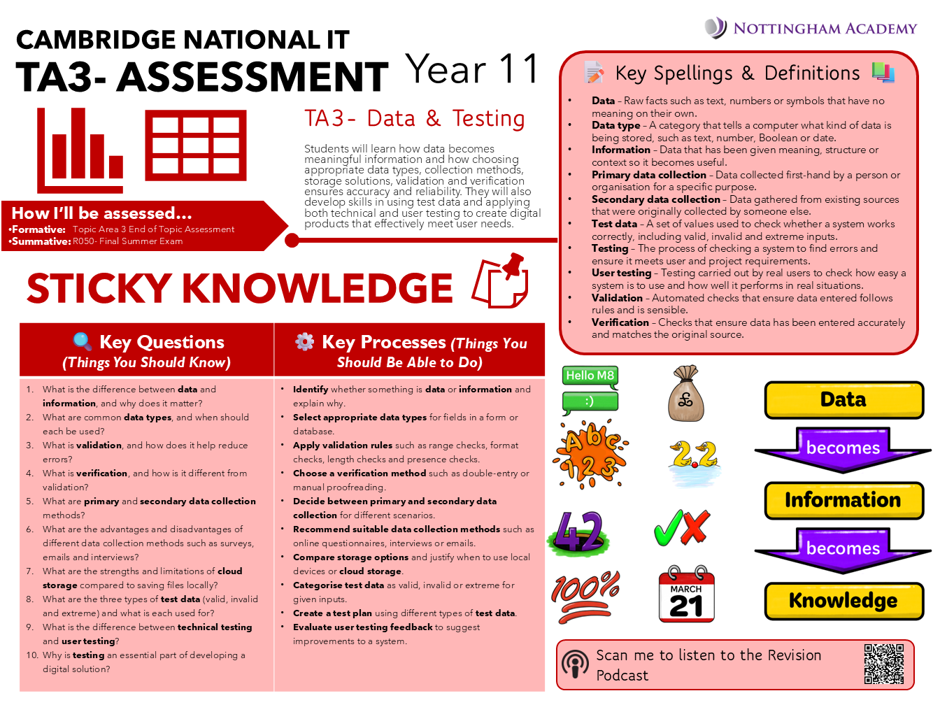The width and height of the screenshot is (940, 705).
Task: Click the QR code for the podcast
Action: coord(883,664)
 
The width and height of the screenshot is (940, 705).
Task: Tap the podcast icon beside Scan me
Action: coord(576,664)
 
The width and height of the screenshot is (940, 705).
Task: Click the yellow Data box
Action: coord(843,400)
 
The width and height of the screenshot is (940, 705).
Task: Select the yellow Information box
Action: coord(843,500)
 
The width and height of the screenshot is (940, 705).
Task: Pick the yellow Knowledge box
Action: coord(843,601)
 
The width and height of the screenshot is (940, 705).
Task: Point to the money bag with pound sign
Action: coord(685,394)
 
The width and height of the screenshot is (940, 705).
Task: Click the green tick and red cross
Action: coord(682,527)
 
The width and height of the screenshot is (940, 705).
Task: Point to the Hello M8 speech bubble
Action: coord(590,376)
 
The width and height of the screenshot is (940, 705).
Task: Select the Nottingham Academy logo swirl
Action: coord(715,28)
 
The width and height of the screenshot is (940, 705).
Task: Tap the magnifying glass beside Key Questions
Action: coord(83,341)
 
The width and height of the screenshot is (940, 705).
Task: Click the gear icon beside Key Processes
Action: coord(305,341)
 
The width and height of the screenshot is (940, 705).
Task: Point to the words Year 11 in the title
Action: coord(473,70)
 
